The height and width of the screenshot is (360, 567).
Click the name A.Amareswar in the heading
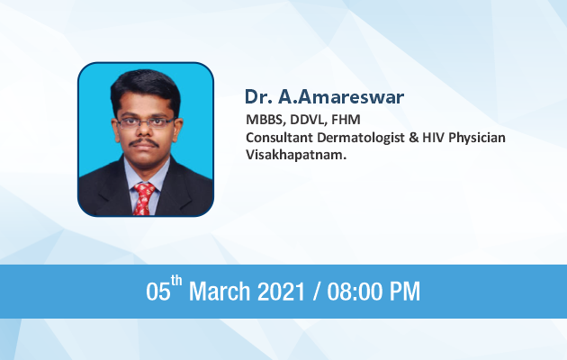pos(340,97)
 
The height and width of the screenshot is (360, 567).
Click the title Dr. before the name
pos(258,97)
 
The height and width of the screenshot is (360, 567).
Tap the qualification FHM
pos(346,120)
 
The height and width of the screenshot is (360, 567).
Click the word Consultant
pos(280,138)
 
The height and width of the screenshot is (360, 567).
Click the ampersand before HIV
pos(413,138)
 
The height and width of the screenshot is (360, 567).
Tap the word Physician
pos(477,138)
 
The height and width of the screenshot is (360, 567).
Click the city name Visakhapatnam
pos(296,155)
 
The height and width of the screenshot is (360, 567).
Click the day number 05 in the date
pos(158,292)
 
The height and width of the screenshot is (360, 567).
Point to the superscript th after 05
pos(176,281)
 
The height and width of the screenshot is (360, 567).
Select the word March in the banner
pos(220,291)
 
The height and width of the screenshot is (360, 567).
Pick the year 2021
pos(281,292)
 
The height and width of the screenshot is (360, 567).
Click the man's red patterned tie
pos(144,198)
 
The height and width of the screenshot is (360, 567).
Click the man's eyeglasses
pos(146,123)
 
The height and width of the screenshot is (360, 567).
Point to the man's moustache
pos(144,142)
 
